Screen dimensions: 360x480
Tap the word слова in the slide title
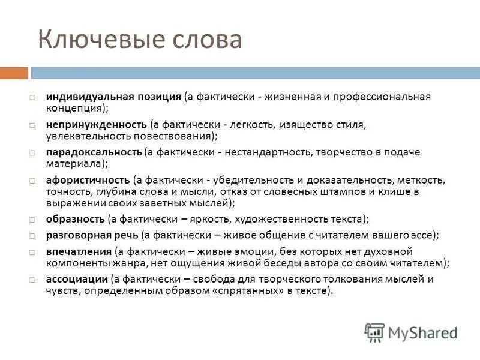pyautogui.click(x=207, y=40)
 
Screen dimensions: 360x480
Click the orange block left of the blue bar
pyautogui.click(x=14, y=73)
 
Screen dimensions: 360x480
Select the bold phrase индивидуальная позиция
pyautogui.click(x=113, y=97)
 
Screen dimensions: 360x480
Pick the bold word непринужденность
pyautogui.click(x=97, y=125)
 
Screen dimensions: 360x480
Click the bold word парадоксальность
pyautogui.click(x=94, y=152)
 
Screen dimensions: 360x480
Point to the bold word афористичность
pyautogui.click(x=88, y=180)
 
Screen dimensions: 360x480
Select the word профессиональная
pyautogui.click(x=383, y=97)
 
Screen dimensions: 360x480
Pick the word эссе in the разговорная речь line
pyautogui.click(x=427, y=235)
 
